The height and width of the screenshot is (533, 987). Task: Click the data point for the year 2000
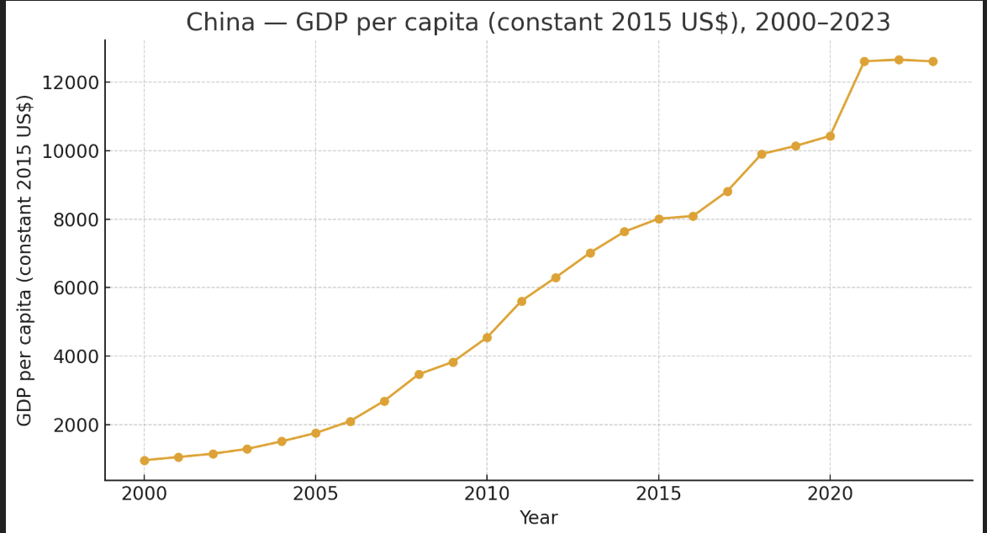[x=144, y=461]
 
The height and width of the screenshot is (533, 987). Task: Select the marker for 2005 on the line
[x=315, y=434]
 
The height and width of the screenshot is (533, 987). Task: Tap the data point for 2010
[x=487, y=338]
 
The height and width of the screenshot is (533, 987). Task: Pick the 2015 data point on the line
[x=658, y=219]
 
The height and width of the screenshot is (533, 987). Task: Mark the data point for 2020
[x=830, y=136]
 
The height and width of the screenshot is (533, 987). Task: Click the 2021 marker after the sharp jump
[x=864, y=61]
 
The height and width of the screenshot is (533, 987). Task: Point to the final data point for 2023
[x=932, y=61]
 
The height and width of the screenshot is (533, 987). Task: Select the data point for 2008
[x=419, y=374]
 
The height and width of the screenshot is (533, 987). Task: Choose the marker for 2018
[x=762, y=155]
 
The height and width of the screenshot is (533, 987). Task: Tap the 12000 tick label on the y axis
[x=71, y=83]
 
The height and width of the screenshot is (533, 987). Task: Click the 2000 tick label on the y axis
[x=77, y=425]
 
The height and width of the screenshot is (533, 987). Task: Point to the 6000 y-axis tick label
[x=77, y=288]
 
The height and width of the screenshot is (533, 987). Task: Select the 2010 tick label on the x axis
[x=487, y=493]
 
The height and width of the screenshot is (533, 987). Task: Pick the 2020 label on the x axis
[x=830, y=493]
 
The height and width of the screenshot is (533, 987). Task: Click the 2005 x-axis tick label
[x=315, y=493]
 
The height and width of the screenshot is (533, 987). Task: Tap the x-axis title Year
[x=538, y=519]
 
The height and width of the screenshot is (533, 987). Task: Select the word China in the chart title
[x=220, y=23]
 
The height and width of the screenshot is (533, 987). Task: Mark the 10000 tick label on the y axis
[x=71, y=151]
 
